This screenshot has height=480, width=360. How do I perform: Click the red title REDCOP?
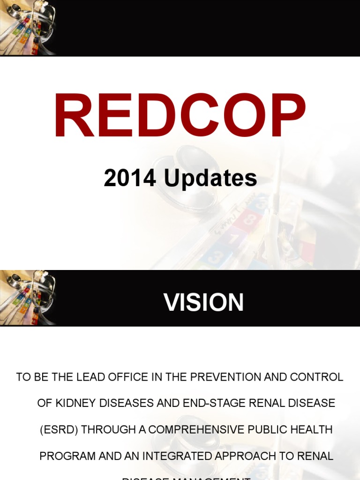tap(180, 116)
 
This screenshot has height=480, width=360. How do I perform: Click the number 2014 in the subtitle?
tap(130, 178)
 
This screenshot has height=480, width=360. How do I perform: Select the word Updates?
tap(210, 179)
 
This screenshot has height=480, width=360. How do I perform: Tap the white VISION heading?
tap(203, 302)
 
